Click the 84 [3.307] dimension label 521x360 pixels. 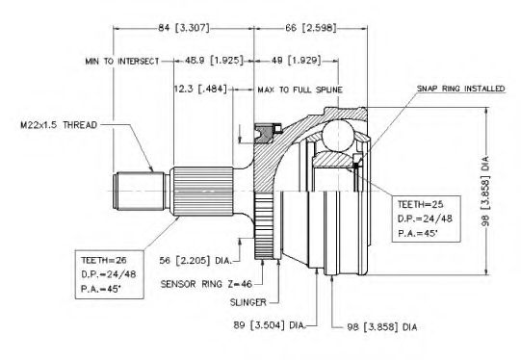pyautogui.click(x=184, y=28)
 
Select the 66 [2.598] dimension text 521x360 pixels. pyautogui.click(x=311, y=28)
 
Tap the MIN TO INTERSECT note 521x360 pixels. pyautogui.click(x=122, y=61)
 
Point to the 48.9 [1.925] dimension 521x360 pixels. pyautogui.click(x=214, y=61)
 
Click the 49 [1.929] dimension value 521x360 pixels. pyautogui.click(x=297, y=61)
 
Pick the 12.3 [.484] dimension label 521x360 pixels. pyautogui.click(x=200, y=89)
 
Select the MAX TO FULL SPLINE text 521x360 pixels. pyautogui.click(x=300, y=90)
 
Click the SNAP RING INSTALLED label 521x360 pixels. pyautogui.click(x=461, y=89)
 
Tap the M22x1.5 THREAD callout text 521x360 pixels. pyautogui.click(x=59, y=125)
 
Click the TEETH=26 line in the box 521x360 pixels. pyautogui.click(x=104, y=260)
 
